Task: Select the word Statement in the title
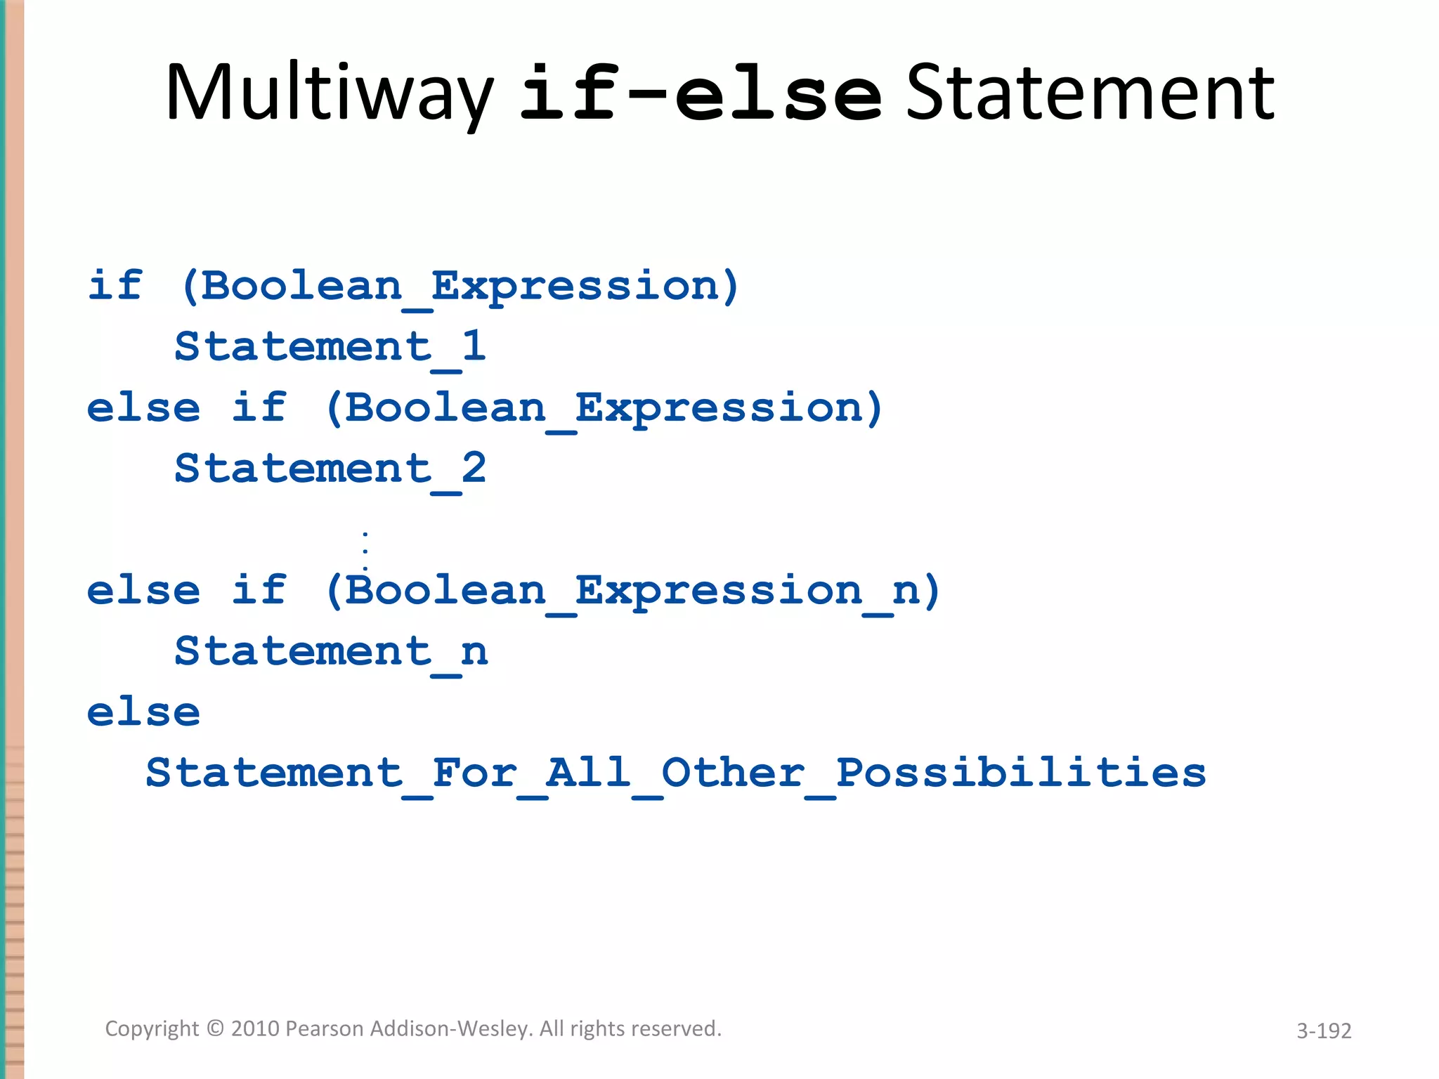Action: pyautogui.click(x=1090, y=93)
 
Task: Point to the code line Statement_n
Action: pyautogui.click(x=330, y=651)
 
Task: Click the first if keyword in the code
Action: pyautogui.click(x=115, y=286)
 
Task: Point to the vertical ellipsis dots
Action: pyautogui.click(x=365, y=551)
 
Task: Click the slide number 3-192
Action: pyautogui.click(x=1324, y=1031)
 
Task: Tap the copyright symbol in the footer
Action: pyautogui.click(x=216, y=1028)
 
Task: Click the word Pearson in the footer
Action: pyautogui.click(x=325, y=1028)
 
